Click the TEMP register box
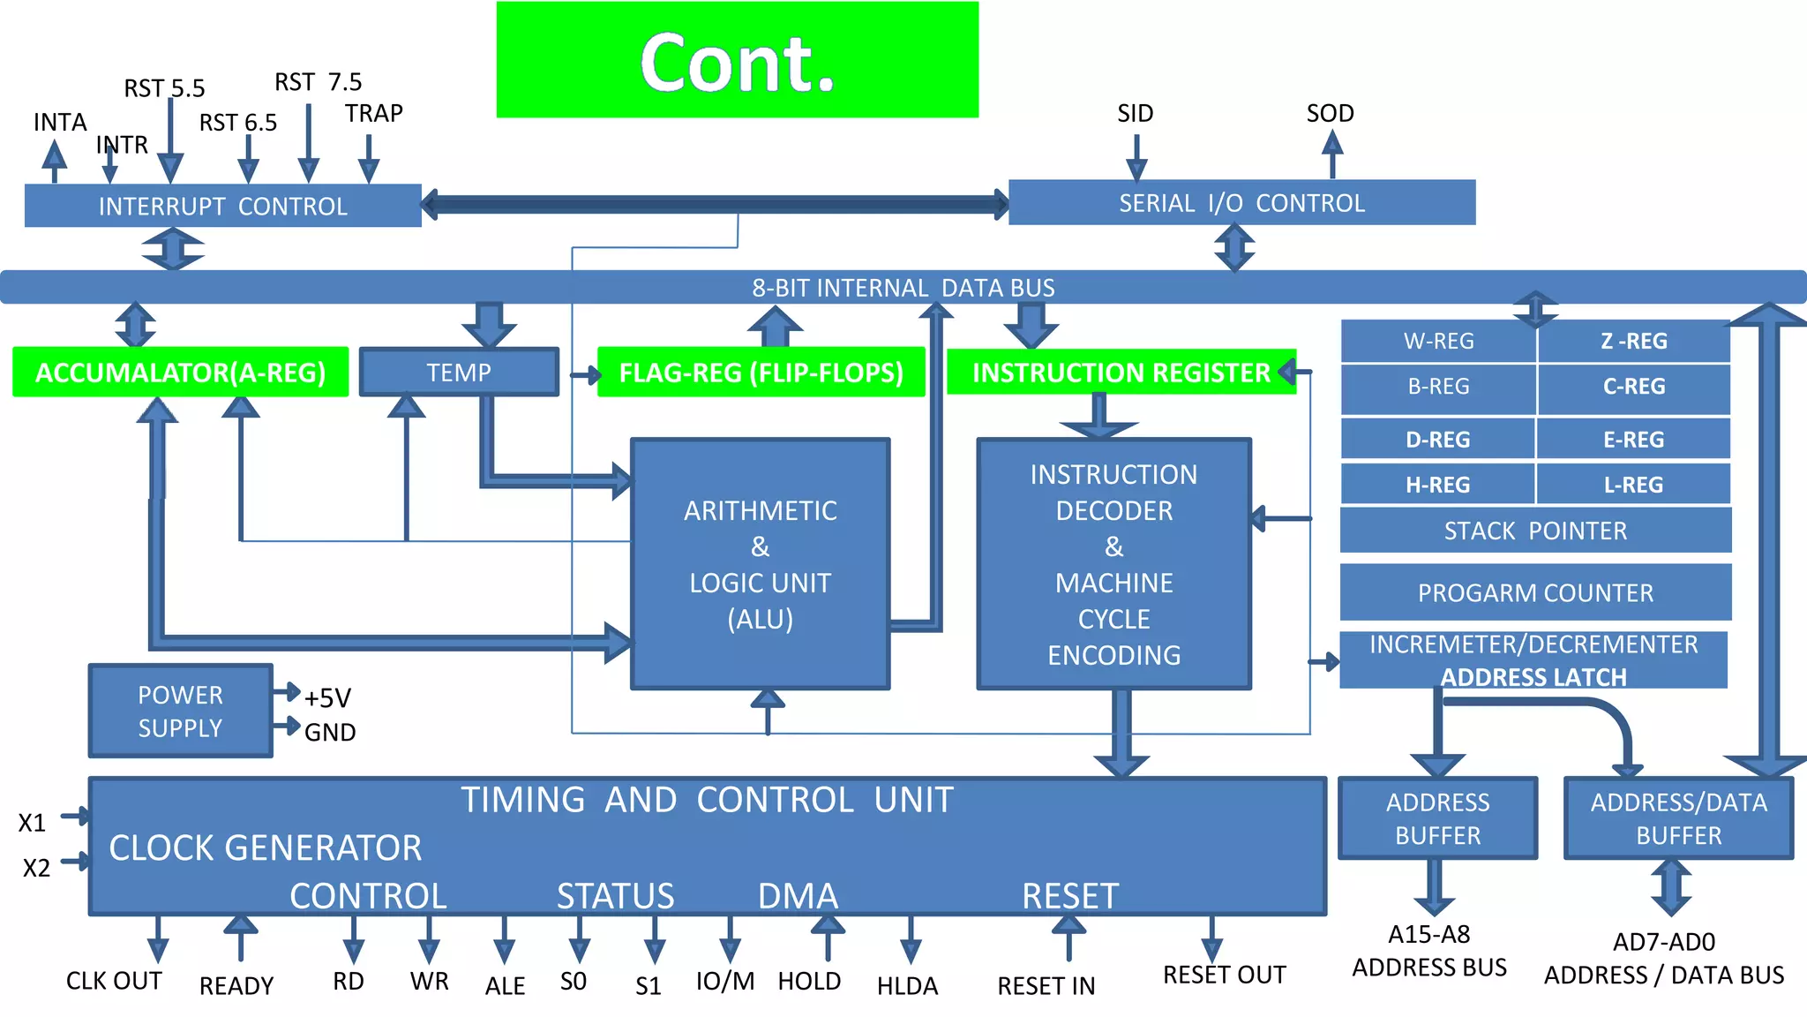(459, 372)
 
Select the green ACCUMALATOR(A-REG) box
(180, 372)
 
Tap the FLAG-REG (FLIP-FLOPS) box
(761, 372)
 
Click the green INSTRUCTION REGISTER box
(1121, 372)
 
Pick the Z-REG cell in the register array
(1633, 341)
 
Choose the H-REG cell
(1437, 485)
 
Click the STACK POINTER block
(1535, 531)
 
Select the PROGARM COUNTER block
(1535, 592)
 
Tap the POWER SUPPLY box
(180, 711)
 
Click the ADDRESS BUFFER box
(1437, 818)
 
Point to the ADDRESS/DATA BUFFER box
(1678, 818)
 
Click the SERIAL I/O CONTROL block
(1241, 203)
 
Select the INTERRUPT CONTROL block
(222, 206)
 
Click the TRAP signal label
(373, 113)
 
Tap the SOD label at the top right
(1330, 113)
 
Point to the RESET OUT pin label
(1224, 975)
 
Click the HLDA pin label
(907, 985)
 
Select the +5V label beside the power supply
(327, 698)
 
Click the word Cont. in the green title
(737, 64)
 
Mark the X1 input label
(32, 823)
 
